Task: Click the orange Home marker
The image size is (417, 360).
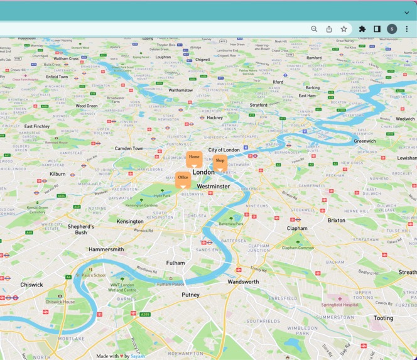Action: pyautogui.click(x=194, y=158)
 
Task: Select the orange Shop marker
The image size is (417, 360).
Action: pyautogui.click(x=220, y=162)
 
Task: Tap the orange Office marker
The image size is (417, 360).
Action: pyautogui.click(x=183, y=179)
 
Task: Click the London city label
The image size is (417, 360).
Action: pyautogui.click(x=203, y=172)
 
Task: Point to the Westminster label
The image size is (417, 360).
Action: pyautogui.click(x=213, y=187)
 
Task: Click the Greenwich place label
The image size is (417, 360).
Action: pyautogui.click(x=365, y=141)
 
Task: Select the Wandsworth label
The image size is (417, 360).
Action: pyautogui.click(x=243, y=282)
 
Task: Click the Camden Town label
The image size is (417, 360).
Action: pyautogui.click(x=129, y=149)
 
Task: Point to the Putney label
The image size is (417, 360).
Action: pyautogui.click(x=190, y=295)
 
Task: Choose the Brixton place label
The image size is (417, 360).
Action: pyautogui.click(x=336, y=221)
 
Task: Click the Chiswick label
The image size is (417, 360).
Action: pyautogui.click(x=31, y=285)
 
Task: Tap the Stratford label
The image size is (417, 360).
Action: pyautogui.click(x=258, y=105)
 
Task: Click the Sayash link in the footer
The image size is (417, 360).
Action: pyautogui.click(x=138, y=356)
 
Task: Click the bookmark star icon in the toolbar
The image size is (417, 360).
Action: pyautogui.click(x=344, y=29)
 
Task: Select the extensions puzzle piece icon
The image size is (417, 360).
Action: pyautogui.click(x=362, y=29)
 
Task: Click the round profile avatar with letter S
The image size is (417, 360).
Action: pyautogui.click(x=392, y=29)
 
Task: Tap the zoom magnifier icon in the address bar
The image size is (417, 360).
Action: pyautogui.click(x=314, y=29)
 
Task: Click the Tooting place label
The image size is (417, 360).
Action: pyautogui.click(x=383, y=319)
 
